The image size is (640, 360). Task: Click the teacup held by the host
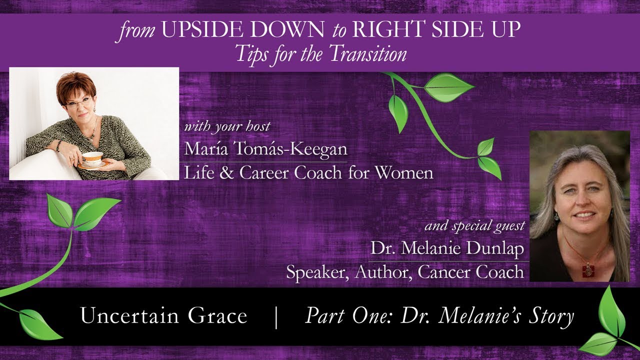92,158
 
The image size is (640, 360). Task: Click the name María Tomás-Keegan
265,148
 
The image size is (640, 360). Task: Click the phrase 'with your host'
227,126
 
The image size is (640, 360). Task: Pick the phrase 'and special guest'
474,226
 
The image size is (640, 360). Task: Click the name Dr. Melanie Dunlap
447,248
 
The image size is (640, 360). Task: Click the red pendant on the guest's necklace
588,271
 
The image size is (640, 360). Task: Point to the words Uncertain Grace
163,316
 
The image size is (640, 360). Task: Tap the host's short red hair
75,85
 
